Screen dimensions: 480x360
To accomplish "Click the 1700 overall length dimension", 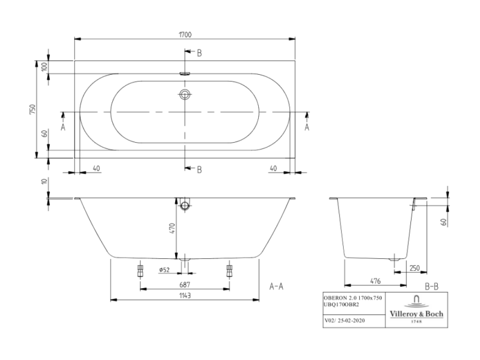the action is (x=185, y=35).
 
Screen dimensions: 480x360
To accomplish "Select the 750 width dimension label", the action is (x=33, y=110).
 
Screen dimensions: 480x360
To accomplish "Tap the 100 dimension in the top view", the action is (x=44, y=66).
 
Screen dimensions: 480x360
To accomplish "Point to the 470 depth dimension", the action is (x=172, y=229).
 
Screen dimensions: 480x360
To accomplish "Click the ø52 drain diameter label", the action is (x=164, y=270).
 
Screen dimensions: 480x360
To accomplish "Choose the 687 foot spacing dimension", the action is (x=185, y=285).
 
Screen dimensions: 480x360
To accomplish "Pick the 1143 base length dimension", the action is (x=185, y=296).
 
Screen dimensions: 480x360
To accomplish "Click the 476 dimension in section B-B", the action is (x=376, y=281).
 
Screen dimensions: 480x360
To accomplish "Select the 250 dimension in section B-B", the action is (x=414, y=268).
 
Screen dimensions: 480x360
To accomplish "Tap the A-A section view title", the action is (x=276, y=286).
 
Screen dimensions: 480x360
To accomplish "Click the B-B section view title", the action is (x=432, y=286).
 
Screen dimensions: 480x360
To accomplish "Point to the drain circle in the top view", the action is (x=185, y=94).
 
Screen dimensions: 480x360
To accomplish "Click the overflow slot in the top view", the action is (x=185, y=74).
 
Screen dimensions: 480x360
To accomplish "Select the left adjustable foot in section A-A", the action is (x=140, y=270).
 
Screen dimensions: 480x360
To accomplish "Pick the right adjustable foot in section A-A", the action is (x=229, y=270).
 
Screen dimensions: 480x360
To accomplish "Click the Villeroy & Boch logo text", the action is (x=417, y=314).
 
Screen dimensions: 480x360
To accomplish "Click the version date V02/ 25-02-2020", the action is (x=344, y=321).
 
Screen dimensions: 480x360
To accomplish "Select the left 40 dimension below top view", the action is (x=96, y=168).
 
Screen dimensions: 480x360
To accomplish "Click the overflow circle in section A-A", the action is (x=185, y=205).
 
